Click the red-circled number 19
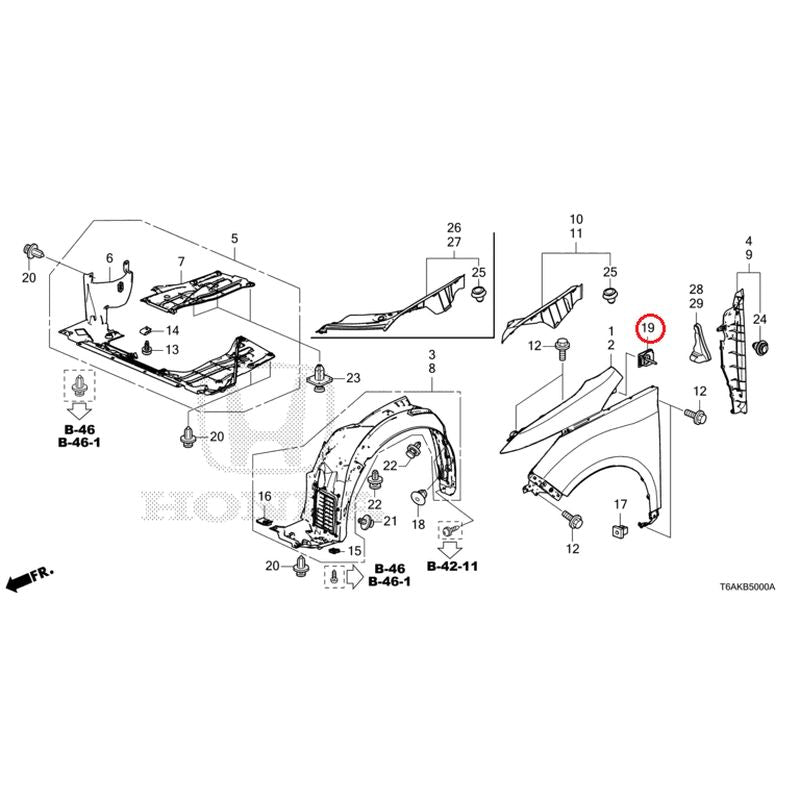(648, 328)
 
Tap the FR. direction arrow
(30, 578)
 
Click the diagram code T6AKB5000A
(747, 587)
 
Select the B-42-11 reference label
(452, 566)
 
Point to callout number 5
(235, 238)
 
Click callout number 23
(353, 378)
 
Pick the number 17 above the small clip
(620, 505)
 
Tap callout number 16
(265, 496)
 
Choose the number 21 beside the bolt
(390, 521)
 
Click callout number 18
(418, 524)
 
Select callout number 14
(172, 331)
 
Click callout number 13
(172, 349)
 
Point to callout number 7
(181, 262)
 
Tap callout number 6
(110, 259)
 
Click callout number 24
(760, 319)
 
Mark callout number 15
(354, 551)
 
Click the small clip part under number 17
(619, 530)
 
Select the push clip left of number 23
(319, 379)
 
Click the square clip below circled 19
(644, 360)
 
